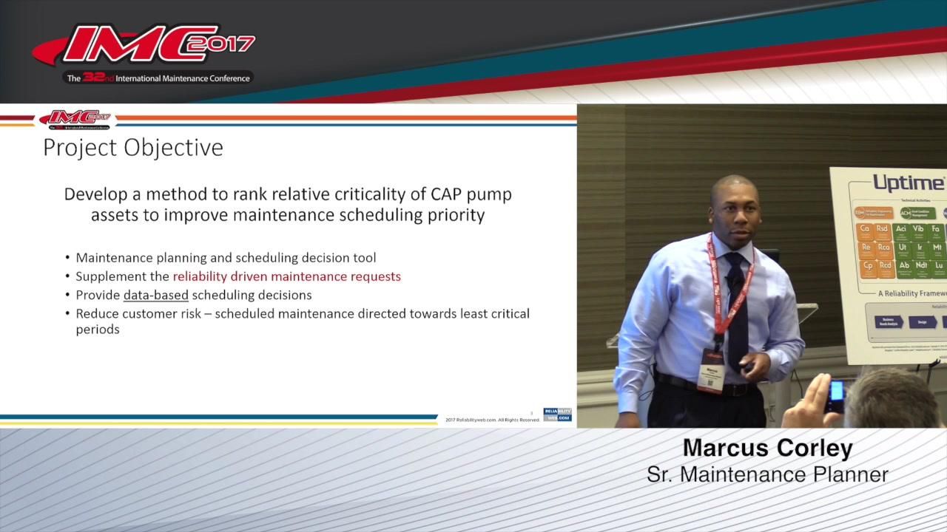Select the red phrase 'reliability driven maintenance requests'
(x=286, y=276)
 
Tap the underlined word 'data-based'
(x=155, y=295)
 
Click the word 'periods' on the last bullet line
(x=98, y=330)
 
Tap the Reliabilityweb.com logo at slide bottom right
(x=557, y=415)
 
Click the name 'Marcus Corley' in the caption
(x=767, y=448)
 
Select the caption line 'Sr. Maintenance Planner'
(x=767, y=474)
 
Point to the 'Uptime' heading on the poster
(x=909, y=183)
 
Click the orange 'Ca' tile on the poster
(x=864, y=230)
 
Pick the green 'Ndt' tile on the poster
(x=921, y=266)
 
